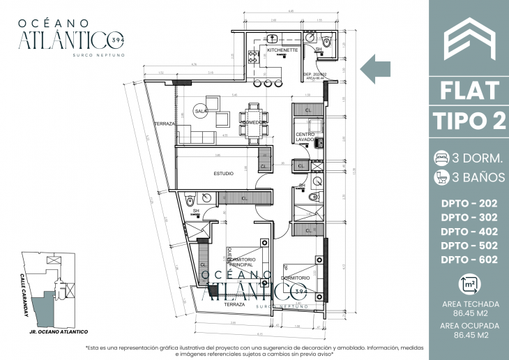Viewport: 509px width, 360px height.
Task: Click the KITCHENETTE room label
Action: [282, 50]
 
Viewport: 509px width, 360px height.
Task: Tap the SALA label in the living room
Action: [202, 111]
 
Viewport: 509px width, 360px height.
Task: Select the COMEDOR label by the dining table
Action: [252, 123]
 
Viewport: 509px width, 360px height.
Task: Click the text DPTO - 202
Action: [469, 203]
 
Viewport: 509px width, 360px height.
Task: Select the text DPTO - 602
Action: [469, 260]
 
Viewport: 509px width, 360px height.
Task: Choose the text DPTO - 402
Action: [469, 231]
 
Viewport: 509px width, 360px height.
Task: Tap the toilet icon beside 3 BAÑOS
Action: [441, 177]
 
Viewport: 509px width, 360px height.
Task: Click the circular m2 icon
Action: [469, 285]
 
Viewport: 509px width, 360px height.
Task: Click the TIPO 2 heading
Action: [469, 120]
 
